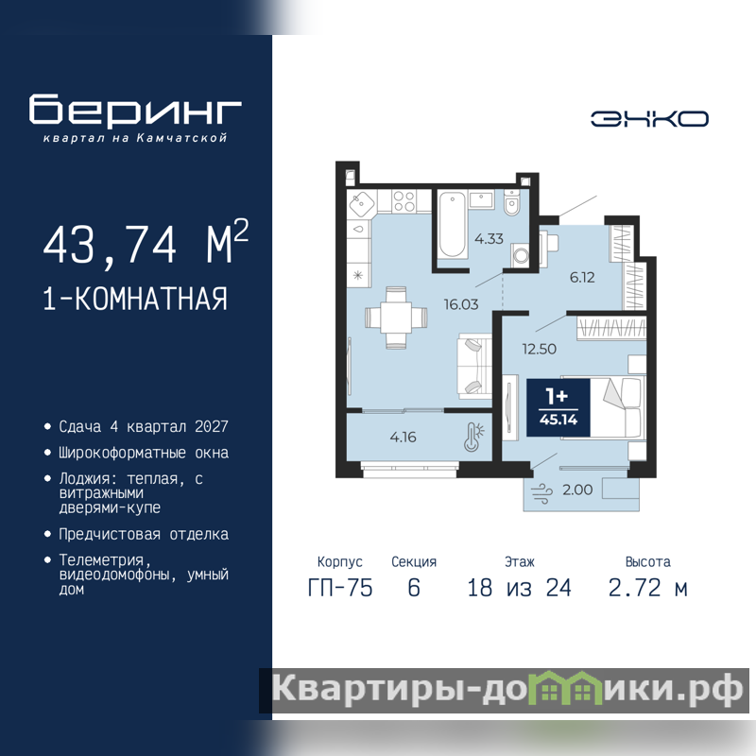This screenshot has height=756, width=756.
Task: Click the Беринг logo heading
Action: click(135, 111)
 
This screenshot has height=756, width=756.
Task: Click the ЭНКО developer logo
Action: click(649, 119)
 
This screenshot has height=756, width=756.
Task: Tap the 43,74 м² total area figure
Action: click(146, 243)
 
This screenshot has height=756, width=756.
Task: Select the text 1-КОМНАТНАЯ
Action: click(135, 299)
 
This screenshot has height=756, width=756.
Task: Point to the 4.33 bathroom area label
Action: click(489, 239)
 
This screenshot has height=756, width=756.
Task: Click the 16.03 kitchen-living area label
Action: click(461, 304)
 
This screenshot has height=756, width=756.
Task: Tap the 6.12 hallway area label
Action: click(582, 277)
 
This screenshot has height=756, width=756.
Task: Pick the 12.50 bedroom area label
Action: click(539, 349)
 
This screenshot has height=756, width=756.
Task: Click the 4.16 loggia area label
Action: click(404, 437)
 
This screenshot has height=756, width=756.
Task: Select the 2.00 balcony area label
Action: click(577, 490)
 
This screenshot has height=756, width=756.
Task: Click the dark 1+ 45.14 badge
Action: click(558, 408)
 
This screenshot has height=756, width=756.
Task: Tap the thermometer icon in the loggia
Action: click(473, 437)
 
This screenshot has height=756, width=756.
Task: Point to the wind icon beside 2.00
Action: click(541, 493)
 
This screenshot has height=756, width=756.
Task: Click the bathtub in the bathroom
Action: click(452, 224)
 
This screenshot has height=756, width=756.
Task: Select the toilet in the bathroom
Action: click(511, 202)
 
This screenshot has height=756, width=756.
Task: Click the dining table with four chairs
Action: click(396, 318)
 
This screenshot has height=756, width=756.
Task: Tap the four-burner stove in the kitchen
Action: click(404, 201)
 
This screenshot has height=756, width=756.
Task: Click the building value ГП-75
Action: click(340, 588)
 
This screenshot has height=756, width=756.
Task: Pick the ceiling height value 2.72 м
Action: click(647, 588)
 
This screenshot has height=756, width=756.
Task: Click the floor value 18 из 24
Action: click(519, 588)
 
